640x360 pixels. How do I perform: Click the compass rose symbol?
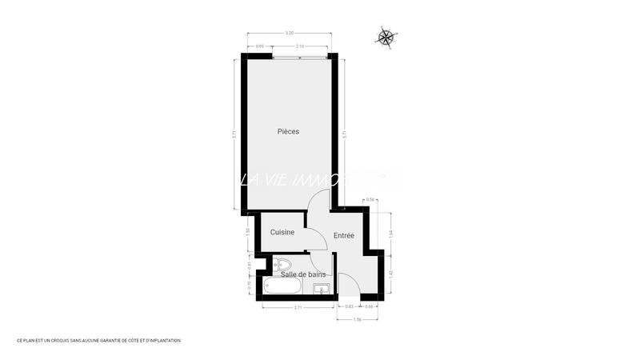coord(386,36)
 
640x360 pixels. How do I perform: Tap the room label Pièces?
coord(288,131)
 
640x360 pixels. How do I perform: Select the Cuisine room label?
coord(282,232)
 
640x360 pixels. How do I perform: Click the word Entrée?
coord(344,235)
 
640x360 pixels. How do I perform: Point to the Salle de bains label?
coord(302,274)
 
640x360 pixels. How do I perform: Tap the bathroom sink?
coord(321,289)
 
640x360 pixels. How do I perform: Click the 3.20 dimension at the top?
coord(289,33)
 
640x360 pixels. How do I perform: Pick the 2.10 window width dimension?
coord(299,47)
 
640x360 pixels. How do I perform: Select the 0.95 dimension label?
coord(260,47)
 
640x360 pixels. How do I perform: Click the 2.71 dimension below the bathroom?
coord(298,308)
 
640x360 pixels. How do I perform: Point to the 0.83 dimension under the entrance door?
coord(349,307)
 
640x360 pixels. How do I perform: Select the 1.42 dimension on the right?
coord(390,274)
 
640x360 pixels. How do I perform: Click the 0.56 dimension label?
coord(370,199)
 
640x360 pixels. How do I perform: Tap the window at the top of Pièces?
coord(299,58)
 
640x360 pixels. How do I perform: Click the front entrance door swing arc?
coord(346,282)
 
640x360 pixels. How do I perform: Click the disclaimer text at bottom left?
coord(98,340)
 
